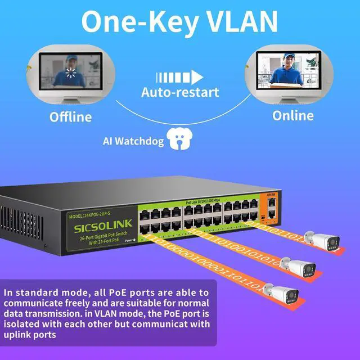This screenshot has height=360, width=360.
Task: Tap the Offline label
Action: (x=70, y=117)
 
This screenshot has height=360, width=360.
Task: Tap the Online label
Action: (x=293, y=116)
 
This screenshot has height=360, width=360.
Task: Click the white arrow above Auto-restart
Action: (x=179, y=77)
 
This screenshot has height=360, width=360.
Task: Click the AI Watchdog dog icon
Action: (x=179, y=139)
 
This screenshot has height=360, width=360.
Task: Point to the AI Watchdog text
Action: (x=133, y=141)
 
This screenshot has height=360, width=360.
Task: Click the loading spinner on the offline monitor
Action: (x=71, y=72)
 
